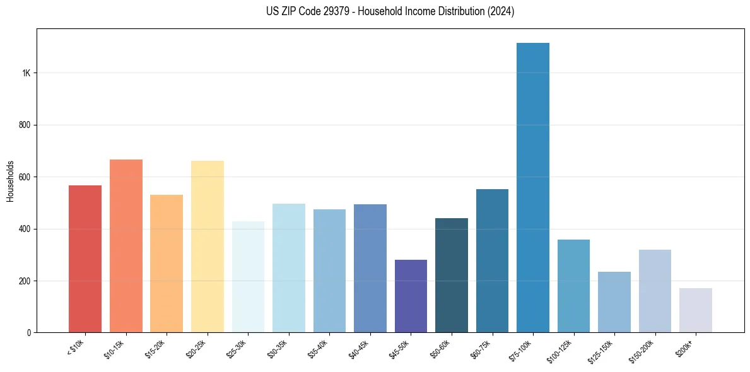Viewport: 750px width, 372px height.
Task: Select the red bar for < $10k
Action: pos(85,259)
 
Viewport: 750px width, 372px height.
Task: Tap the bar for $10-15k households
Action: pos(126,246)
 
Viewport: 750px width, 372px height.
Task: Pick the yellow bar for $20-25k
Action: pos(207,247)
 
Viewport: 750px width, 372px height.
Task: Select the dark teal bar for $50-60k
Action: pos(451,275)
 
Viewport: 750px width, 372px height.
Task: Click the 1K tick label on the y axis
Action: pos(26,73)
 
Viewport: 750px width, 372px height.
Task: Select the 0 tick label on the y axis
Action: pos(29,332)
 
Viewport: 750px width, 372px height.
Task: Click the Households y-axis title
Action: pos(11,181)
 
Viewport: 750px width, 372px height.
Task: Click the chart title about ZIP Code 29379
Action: pos(390,11)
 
